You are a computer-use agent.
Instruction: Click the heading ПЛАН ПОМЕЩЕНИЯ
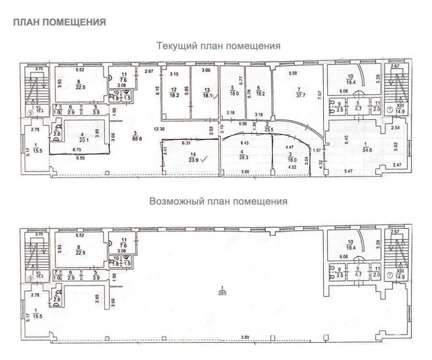pyautogui.click(x=60, y=22)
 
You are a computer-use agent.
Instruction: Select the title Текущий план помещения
pyautogui.click(x=219, y=46)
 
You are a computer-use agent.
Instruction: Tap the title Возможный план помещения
pyautogui.click(x=218, y=201)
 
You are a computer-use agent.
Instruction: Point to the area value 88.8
pyautogui.click(x=139, y=139)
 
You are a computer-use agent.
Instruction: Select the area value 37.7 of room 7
pyautogui.click(x=299, y=97)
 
